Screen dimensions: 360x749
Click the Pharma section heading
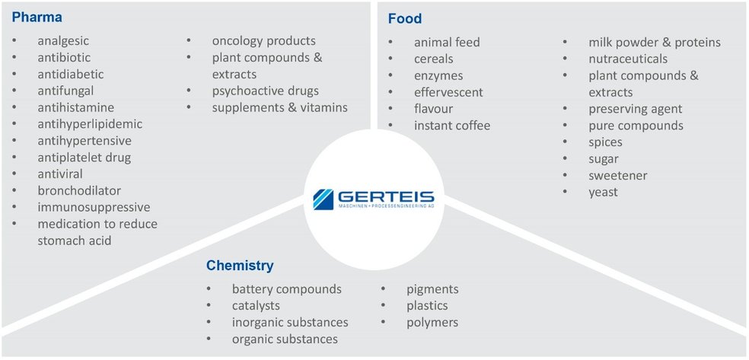tap(37, 17)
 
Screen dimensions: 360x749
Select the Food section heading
tap(404, 18)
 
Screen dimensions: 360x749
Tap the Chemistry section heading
tap(240, 266)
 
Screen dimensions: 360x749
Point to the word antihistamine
tap(75, 107)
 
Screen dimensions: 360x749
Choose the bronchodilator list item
tap(79, 190)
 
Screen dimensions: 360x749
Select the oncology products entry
tap(263, 40)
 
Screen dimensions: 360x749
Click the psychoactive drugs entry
tap(266, 91)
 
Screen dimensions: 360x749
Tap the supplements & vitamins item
tap(279, 107)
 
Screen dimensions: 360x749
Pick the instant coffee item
tap(452, 125)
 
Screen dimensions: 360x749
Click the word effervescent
tap(448, 91)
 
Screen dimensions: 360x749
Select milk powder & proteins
tap(655, 42)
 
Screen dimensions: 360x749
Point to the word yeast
tap(603, 192)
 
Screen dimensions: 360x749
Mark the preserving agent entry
tap(636, 109)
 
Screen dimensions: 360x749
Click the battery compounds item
tap(286, 289)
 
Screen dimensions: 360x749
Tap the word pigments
tap(432, 289)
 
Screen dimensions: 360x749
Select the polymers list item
tap(432, 322)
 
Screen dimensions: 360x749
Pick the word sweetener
tap(617, 175)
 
